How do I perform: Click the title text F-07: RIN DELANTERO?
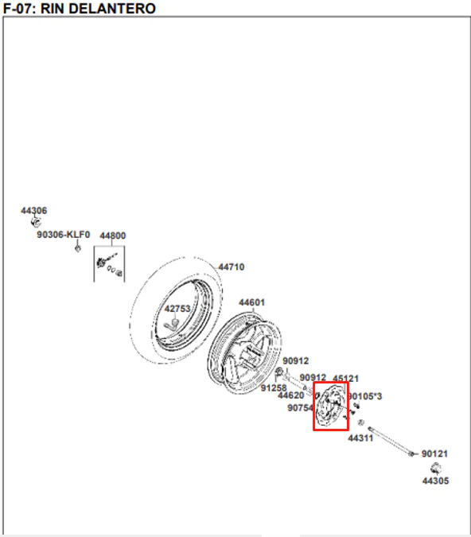click(80, 8)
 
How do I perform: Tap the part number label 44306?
click(34, 210)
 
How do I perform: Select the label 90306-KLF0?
click(64, 235)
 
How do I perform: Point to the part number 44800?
click(113, 235)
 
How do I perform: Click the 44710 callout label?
click(232, 267)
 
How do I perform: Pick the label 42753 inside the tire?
click(177, 309)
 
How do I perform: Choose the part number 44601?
click(251, 302)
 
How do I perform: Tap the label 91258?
click(274, 388)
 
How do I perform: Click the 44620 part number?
click(291, 395)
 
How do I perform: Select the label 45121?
click(345, 379)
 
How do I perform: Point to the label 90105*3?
click(365, 396)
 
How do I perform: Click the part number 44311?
click(360, 438)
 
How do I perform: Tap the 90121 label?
click(434, 453)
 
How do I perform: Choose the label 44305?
click(435, 481)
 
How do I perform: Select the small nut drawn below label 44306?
click(35, 222)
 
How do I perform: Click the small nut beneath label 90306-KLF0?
click(78, 248)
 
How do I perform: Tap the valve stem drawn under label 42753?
click(172, 324)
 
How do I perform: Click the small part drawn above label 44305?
click(435, 468)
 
